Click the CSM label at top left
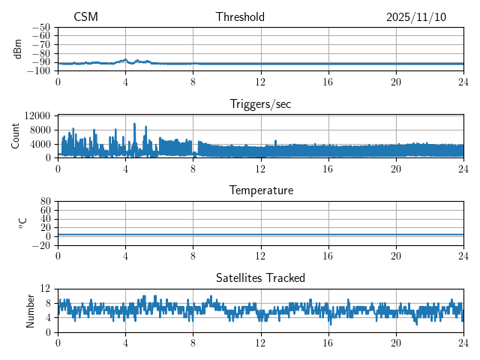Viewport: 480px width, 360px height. tap(85, 17)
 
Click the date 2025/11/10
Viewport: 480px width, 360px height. tap(416, 17)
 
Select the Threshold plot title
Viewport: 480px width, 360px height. tap(240, 17)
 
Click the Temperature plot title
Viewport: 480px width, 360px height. tap(260, 190)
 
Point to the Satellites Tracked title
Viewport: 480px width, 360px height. tap(260, 277)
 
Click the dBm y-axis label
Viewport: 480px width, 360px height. tap(18, 49)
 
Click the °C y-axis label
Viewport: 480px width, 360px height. tap(22, 223)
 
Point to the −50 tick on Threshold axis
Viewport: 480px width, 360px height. tap(40, 27)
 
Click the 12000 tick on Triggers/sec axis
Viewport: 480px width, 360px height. tap(37, 115)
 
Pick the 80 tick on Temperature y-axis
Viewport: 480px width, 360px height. tap(45, 202)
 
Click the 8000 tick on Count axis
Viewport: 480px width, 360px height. tap(39, 129)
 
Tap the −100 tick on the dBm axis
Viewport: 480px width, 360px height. tap(38, 70)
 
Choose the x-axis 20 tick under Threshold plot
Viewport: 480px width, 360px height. tap(396, 80)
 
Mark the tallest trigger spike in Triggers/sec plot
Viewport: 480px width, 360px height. tap(134, 124)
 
